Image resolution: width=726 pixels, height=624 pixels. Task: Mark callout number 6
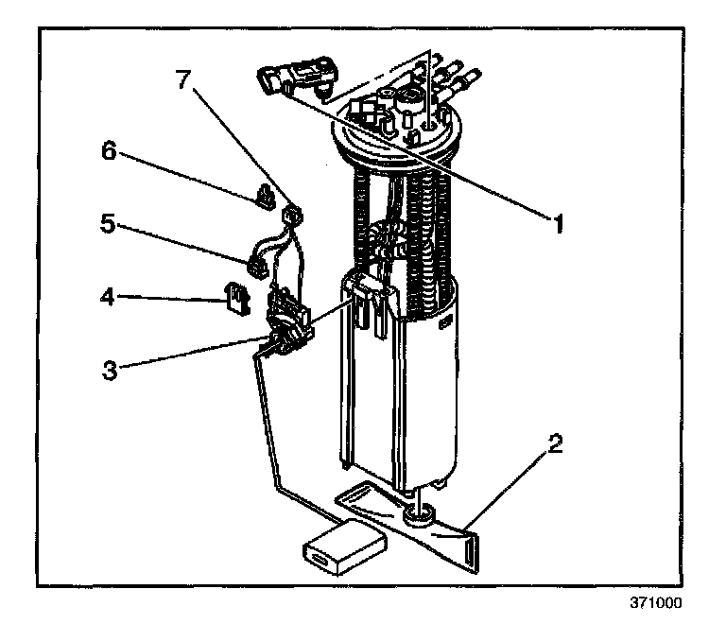coord(111,151)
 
